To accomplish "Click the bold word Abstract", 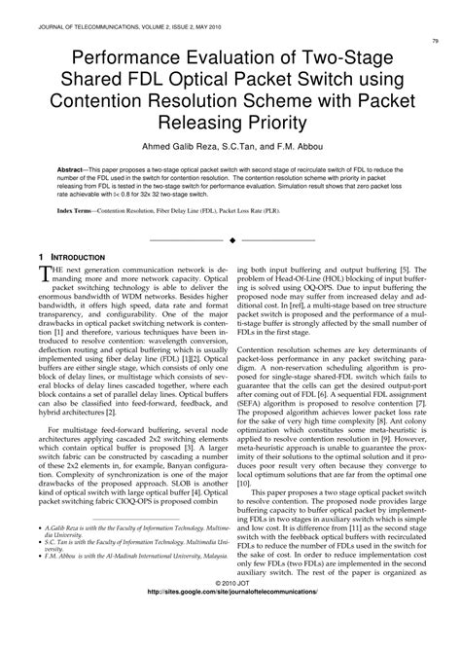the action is pos(74,168).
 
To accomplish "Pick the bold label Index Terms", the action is pos(81,210).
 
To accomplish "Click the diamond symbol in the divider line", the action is pos(230,238).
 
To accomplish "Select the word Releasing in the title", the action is pos(191,124).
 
